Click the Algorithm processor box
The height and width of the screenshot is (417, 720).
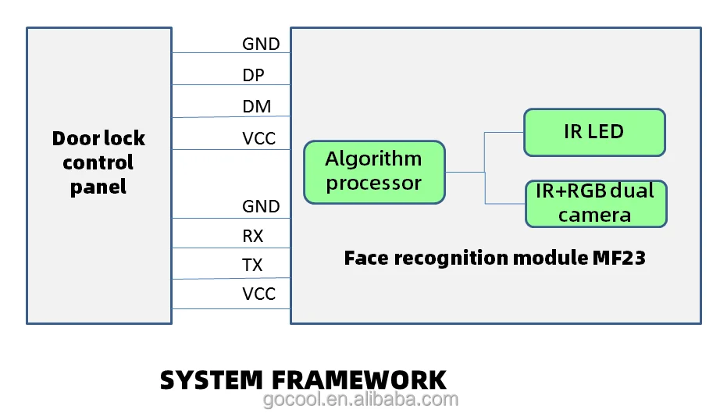[374, 172]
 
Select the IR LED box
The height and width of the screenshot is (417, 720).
[593, 132]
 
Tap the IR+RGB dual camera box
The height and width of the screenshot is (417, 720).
[595, 203]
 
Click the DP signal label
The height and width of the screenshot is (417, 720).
[253, 76]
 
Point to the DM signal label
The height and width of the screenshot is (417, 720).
[257, 107]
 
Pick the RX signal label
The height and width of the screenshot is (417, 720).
[253, 236]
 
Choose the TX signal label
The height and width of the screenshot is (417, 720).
[252, 266]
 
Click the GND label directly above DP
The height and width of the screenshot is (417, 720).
[261, 45]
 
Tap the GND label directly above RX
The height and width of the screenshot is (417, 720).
[261, 207]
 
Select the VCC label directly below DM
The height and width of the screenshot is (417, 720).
[259, 139]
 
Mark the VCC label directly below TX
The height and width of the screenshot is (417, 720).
[259, 294]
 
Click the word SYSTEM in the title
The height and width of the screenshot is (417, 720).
[211, 380]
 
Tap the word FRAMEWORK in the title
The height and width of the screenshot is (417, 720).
[358, 380]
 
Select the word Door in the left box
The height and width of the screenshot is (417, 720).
[74, 139]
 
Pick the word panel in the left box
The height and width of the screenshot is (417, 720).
[98, 187]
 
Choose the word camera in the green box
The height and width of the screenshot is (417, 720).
[595, 215]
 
